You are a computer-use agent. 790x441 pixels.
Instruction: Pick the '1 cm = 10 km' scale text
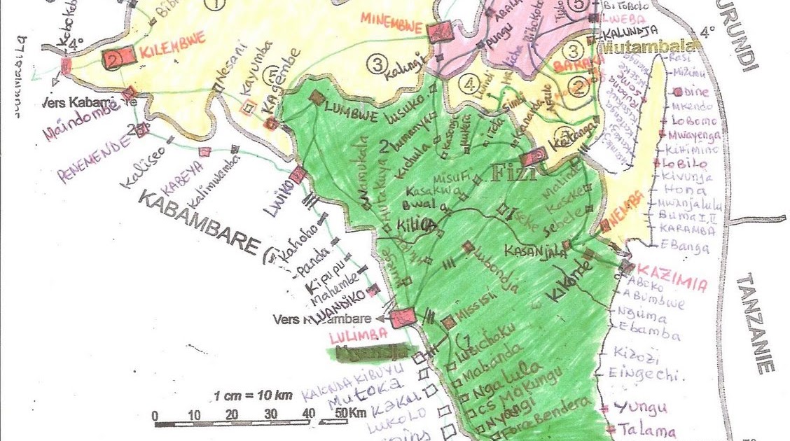tap(253, 394)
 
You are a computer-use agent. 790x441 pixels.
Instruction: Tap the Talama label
tap(637, 431)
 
